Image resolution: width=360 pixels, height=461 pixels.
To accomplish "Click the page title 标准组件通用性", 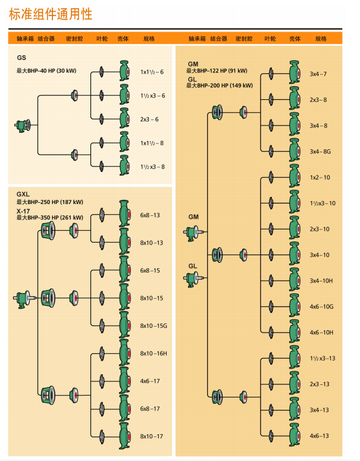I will [x=51, y=14].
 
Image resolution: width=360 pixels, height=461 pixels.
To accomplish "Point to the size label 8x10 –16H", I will [x=154, y=353].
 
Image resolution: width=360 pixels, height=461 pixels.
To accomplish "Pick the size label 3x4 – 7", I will [x=318, y=74].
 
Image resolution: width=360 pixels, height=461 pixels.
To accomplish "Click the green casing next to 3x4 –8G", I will [x=293, y=151].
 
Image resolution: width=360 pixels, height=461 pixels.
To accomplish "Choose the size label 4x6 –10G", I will [x=321, y=306].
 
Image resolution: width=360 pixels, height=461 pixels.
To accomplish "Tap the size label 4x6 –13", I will [x=319, y=436].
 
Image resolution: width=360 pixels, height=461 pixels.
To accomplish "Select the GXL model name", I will [x=23, y=195].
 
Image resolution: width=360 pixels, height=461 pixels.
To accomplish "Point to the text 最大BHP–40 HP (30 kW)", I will [x=46, y=71].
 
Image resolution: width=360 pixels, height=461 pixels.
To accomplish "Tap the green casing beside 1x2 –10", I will [x=293, y=177].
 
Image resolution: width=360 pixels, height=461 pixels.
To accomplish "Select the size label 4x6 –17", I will [x=150, y=381].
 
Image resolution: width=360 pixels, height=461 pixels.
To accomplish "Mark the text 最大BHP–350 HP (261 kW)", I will [x=50, y=218].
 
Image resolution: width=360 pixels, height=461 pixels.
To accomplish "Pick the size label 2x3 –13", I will [x=319, y=384].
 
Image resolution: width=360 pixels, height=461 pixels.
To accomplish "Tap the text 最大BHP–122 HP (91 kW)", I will [x=217, y=71].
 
